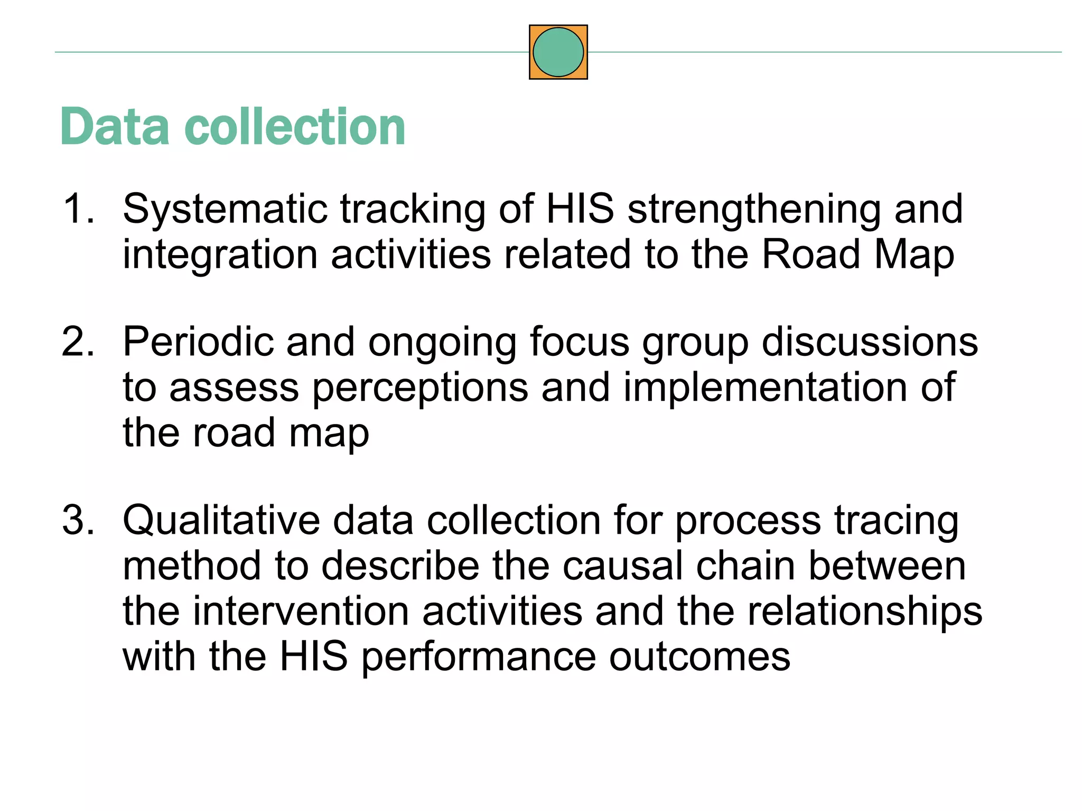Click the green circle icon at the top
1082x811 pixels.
(558, 52)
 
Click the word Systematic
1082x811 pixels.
(225, 209)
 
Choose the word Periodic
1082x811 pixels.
(198, 342)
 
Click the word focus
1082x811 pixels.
(580, 342)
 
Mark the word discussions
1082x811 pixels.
(870, 342)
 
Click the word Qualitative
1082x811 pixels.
(221, 521)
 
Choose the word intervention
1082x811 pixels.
(301, 611)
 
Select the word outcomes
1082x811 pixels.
(699, 657)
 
